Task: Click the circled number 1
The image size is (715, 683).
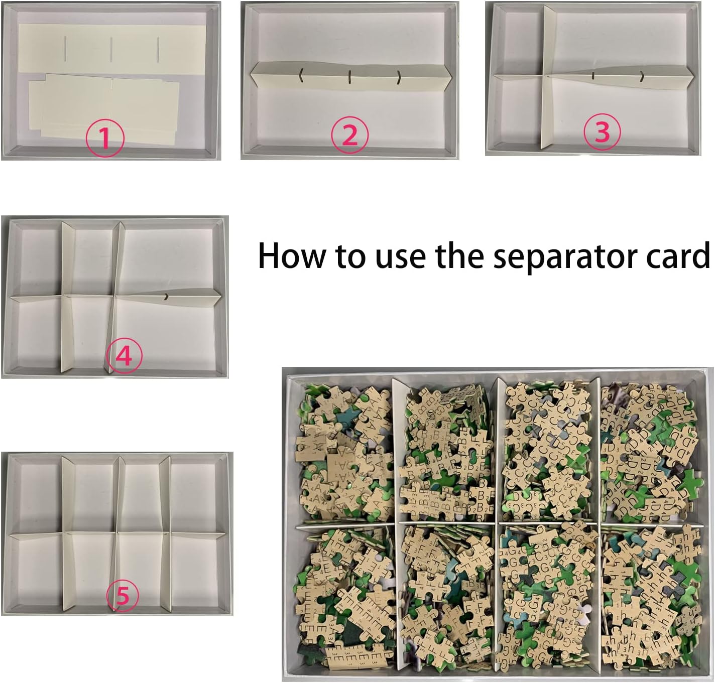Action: point(105,139)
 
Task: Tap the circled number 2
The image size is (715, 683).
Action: point(349,135)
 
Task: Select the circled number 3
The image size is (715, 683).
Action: point(602,131)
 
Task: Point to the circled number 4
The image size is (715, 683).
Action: point(124,355)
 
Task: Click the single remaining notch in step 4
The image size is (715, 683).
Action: point(166,296)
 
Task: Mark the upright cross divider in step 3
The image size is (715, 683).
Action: point(548,78)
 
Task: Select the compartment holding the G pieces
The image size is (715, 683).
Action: point(550,598)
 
